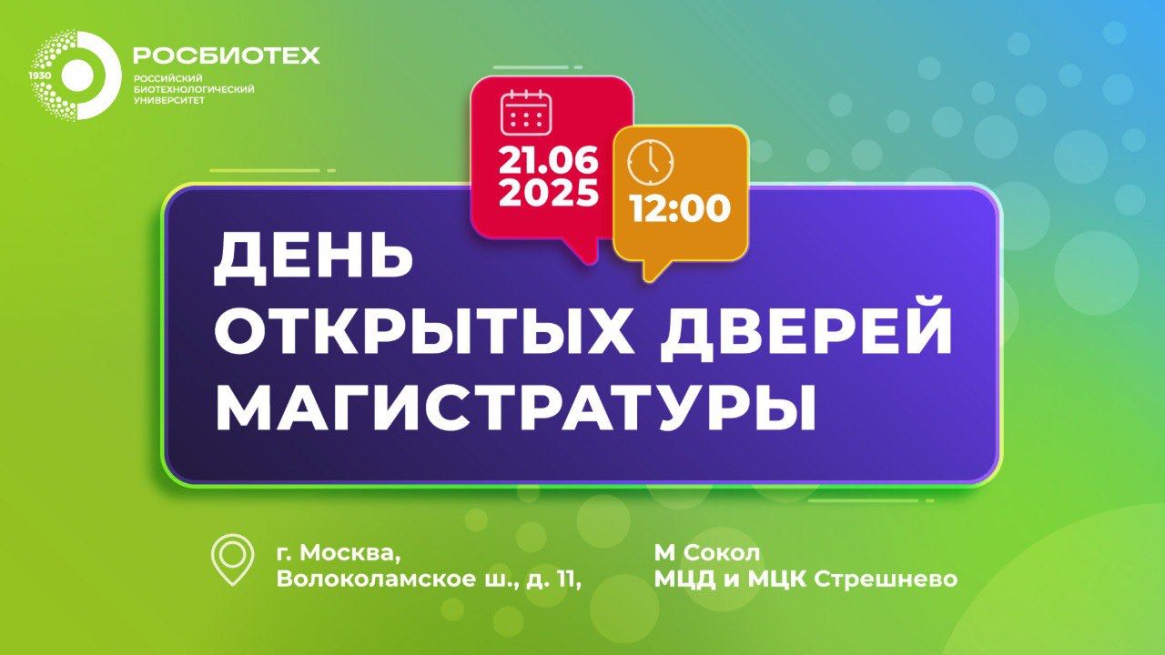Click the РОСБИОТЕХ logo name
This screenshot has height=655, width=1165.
[x=226, y=56]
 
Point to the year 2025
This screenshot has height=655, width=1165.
[x=548, y=193]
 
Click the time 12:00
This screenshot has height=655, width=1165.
[x=680, y=209]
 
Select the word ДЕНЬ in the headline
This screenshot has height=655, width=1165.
[x=313, y=257]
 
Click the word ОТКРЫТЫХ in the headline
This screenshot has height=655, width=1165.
[x=423, y=332]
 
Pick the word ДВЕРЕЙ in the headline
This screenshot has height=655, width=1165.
[x=805, y=332]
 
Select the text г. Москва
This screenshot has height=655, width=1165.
[x=337, y=553]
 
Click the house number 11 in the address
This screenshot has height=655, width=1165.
[x=565, y=579]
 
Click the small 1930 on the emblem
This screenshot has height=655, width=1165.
[x=38, y=76]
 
